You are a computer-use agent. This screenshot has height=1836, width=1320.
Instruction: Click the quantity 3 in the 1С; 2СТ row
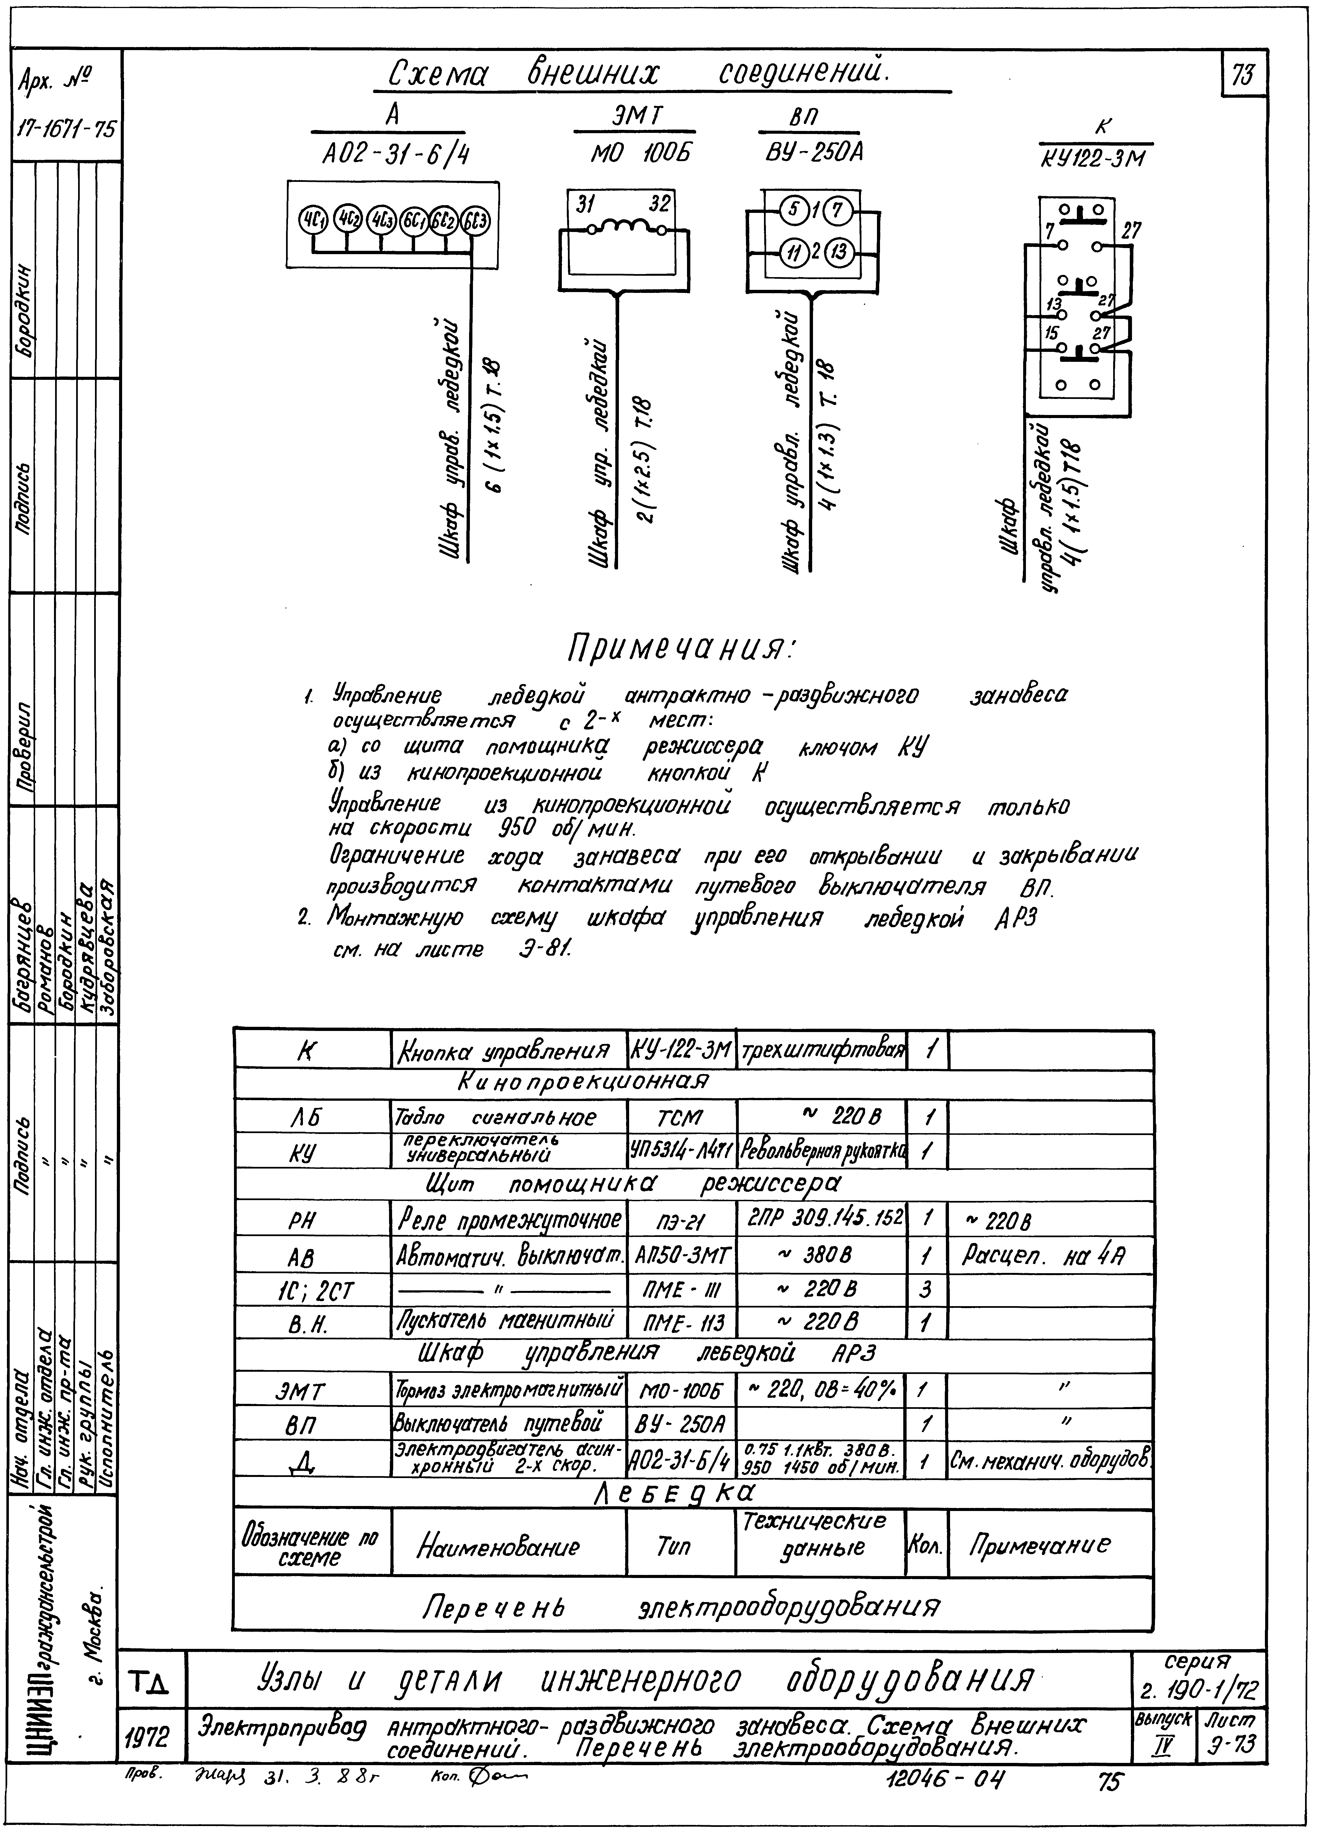point(926,1289)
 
